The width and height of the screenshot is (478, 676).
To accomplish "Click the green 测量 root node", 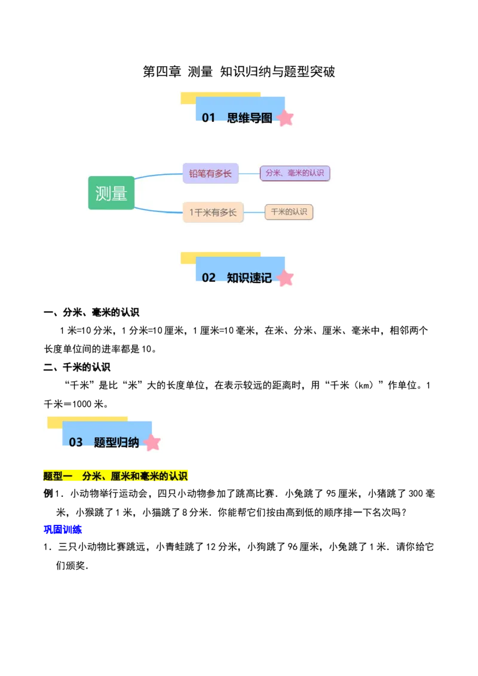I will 111,193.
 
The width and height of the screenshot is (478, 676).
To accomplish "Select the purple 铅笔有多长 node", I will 210,173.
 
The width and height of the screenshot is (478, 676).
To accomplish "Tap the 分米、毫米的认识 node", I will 295,173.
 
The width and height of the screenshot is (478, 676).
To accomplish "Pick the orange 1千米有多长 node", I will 213,212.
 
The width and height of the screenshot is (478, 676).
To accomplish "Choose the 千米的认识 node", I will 289,212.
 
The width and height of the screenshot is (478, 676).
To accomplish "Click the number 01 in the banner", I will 208,118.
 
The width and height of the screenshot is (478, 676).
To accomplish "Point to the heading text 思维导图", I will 250,118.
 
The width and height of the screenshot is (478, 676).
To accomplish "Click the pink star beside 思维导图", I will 286,118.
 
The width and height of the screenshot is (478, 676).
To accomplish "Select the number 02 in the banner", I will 208,278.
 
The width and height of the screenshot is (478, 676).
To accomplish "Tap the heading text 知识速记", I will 250,278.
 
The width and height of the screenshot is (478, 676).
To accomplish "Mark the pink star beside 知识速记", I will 286,278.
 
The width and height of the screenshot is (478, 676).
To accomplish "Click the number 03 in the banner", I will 75,443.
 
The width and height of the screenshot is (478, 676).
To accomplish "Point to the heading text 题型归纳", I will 117,443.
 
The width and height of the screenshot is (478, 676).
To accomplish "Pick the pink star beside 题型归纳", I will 152,443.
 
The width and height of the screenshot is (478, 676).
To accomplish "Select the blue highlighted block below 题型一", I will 63,528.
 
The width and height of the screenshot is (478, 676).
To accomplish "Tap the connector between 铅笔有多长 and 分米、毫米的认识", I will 249,173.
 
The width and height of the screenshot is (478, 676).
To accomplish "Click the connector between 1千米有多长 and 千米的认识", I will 254,212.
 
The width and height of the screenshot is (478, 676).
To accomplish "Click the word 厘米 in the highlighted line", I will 120,476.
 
